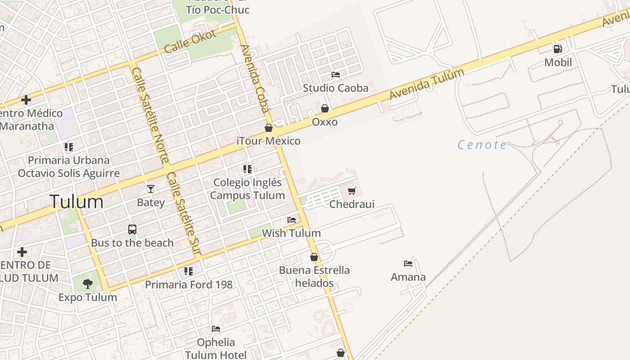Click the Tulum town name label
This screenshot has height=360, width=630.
(76, 202)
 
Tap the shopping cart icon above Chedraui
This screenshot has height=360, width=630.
(352, 191)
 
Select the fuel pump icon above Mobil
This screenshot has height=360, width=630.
(558, 49)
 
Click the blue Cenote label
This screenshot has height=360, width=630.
(482, 145)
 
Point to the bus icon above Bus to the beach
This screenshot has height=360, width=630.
(132, 229)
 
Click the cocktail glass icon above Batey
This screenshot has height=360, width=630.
(150, 189)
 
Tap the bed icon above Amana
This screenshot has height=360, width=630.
(408, 264)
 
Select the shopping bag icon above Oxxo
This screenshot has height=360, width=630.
(325, 108)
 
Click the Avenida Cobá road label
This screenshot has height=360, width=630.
(255, 78)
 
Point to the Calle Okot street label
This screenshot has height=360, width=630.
(191, 41)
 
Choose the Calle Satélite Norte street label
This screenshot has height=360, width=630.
(151, 116)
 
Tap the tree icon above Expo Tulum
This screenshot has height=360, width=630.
(88, 283)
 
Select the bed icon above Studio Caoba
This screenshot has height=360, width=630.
(336, 74)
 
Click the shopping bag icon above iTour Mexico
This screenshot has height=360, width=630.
(269, 128)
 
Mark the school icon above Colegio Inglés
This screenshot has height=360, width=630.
(247, 169)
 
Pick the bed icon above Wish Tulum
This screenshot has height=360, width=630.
(292, 220)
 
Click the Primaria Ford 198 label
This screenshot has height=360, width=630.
(189, 284)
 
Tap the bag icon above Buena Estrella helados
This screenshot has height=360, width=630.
(314, 257)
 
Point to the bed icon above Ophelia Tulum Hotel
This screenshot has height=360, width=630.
(216, 329)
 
